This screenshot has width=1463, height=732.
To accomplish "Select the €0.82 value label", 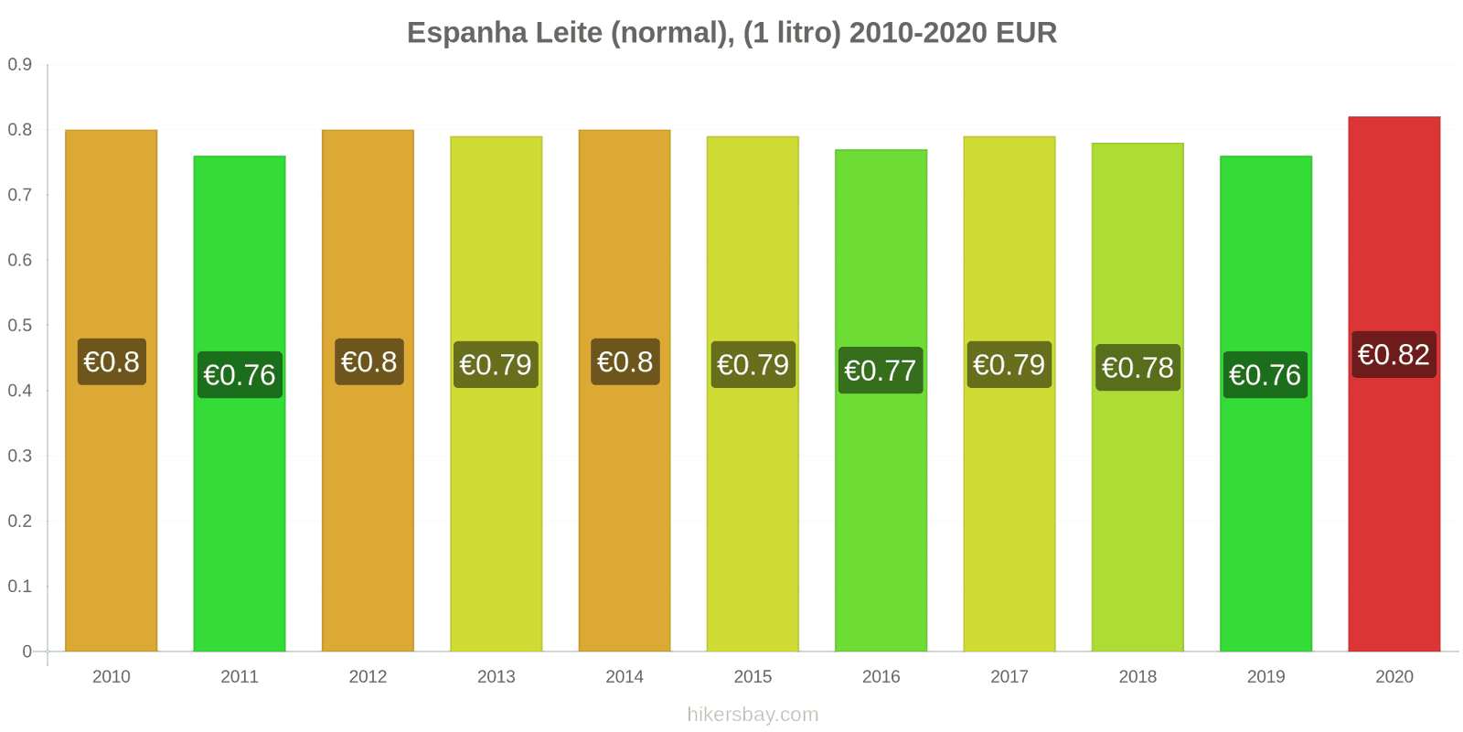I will tap(1394, 355).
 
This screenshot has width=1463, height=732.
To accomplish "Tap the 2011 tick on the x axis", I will tap(240, 676).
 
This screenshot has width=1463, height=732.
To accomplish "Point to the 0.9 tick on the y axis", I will tap(20, 65).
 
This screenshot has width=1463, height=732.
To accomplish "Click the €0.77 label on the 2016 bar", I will tap(880, 371).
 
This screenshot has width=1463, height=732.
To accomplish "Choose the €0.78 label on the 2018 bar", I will tap(1137, 368).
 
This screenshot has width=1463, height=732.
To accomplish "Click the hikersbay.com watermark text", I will tap(753, 715).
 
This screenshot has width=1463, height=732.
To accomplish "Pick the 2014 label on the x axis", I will tap(625, 676).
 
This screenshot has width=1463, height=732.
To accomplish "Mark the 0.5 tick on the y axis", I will tap(20, 326).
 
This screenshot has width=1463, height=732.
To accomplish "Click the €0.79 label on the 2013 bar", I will tap(496, 365).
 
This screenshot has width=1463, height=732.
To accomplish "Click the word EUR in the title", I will tap(1026, 33).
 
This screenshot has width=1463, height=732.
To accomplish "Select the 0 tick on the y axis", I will tap(27, 651).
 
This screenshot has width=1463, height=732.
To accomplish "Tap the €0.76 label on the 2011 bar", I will tap(240, 375).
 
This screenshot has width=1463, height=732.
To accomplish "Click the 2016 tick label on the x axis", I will tap(881, 676).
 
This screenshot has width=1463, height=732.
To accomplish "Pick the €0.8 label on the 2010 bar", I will tap(112, 362).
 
